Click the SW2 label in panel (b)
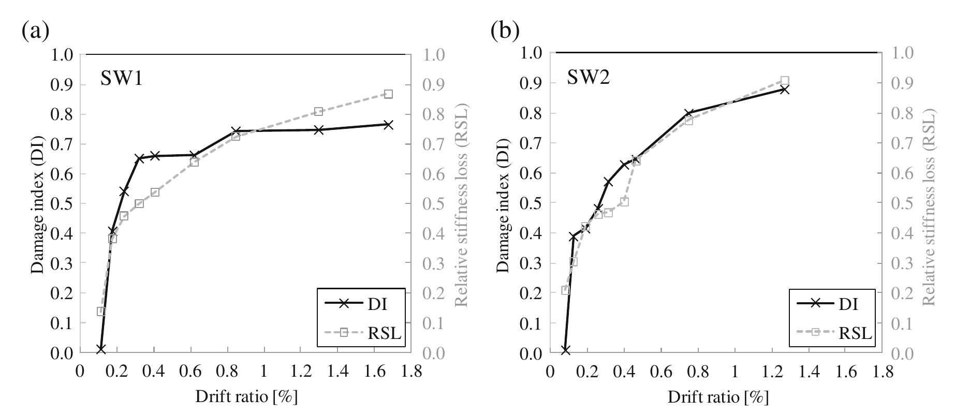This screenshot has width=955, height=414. (588, 78)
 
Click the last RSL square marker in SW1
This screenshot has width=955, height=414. (388, 94)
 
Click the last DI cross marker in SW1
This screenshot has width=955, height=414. (388, 125)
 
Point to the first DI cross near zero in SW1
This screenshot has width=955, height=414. (100, 349)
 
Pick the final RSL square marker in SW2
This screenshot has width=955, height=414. (785, 81)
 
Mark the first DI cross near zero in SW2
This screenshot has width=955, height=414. (565, 350)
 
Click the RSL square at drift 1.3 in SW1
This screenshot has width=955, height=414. (318, 111)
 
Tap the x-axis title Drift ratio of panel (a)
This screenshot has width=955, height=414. (246, 397)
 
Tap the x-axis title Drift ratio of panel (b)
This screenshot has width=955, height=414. (717, 397)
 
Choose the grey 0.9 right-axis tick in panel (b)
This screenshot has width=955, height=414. (901, 83)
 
